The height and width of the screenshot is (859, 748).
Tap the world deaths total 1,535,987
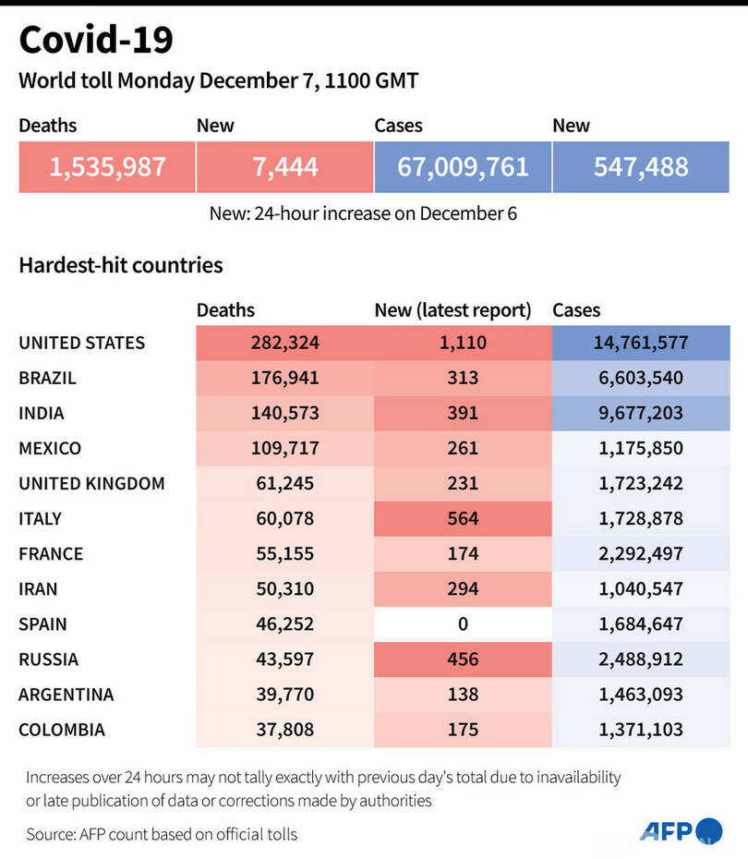(107, 166)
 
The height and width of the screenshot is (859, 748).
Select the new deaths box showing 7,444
(284, 166)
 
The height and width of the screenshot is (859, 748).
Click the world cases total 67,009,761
(463, 166)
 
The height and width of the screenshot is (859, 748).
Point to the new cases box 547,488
(641, 166)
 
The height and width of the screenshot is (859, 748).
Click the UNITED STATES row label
(82, 343)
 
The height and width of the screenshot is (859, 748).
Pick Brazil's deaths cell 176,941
(284, 378)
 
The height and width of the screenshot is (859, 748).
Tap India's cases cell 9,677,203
(641, 413)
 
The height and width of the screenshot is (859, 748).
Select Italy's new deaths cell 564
(463, 518)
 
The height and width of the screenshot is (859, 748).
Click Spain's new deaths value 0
(463, 623)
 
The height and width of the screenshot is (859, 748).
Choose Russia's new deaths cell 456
(463, 659)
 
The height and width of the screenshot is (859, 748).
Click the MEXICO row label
(50, 448)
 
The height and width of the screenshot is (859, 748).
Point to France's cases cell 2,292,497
(641, 553)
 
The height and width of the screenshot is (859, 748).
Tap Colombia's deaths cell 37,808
(284, 730)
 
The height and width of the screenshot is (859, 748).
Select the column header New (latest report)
(452, 310)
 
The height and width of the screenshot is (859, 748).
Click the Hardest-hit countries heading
(121, 265)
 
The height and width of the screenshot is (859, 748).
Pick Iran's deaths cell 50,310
(284, 588)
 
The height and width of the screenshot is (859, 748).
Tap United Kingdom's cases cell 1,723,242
(641, 483)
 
